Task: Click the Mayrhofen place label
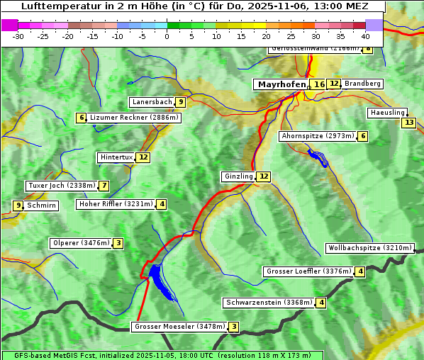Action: (281, 84)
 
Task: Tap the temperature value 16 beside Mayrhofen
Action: (319, 84)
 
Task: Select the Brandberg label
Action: (362, 84)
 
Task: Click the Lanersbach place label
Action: (152, 102)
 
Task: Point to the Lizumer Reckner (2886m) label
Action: (133, 118)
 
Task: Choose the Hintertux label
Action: (117, 157)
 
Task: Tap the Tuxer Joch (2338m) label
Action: (61, 186)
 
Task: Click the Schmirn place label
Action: (41, 206)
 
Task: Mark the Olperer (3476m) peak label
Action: (81, 243)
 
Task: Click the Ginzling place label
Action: (238, 176)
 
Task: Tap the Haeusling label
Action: (387, 113)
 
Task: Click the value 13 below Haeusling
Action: (408, 123)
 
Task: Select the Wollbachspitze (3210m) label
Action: (369, 248)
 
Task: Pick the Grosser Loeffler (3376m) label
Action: (308, 271)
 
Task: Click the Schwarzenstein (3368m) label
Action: (269, 303)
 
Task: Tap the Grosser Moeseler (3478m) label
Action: (179, 327)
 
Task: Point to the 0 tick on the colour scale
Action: (167, 35)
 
